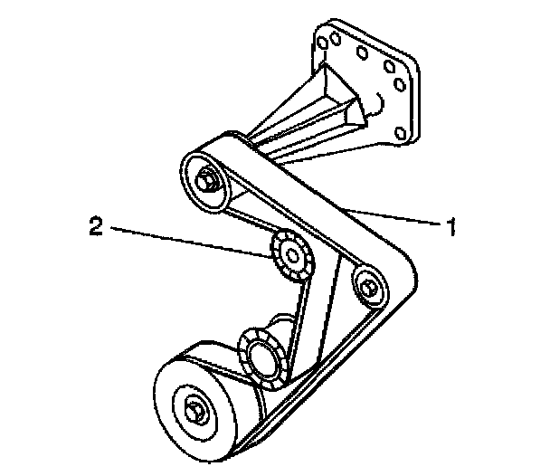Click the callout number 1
pos(446,225)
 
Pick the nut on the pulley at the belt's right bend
pos(367,287)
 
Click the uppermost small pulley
pos(204,177)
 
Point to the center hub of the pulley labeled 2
pos(291,255)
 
